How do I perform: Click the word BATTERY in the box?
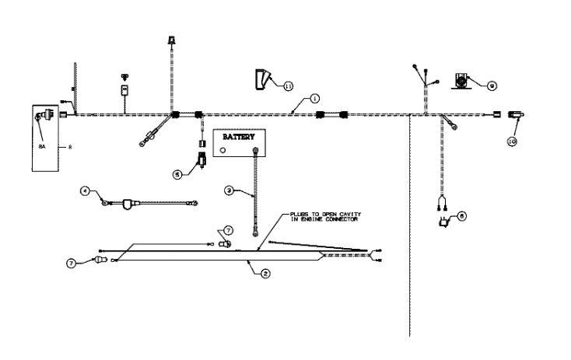(239, 136)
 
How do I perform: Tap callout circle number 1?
(314, 99)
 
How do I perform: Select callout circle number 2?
(265, 274)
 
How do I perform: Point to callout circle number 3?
(229, 190)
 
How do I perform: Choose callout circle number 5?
(177, 175)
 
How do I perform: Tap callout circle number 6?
(461, 216)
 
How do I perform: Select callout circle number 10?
(511, 142)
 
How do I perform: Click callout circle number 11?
(288, 86)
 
